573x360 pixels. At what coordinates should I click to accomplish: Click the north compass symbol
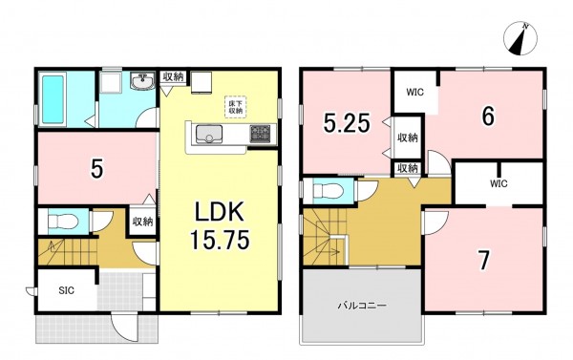click(x=520, y=39)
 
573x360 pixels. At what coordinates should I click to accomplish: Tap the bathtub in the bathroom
click(x=53, y=98)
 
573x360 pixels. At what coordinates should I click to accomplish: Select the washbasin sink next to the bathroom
click(x=143, y=81)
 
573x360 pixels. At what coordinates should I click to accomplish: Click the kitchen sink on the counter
click(x=209, y=134)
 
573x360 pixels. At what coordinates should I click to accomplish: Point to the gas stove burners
click(x=260, y=134)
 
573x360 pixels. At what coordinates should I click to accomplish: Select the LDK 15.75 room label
click(x=220, y=225)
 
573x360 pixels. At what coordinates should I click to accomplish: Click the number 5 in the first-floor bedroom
click(x=96, y=169)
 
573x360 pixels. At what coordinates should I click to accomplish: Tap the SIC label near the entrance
click(x=67, y=290)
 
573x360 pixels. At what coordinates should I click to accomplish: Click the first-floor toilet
click(x=62, y=221)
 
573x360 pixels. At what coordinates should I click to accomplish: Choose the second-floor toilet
click(x=329, y=190)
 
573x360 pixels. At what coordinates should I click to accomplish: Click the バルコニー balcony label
click(x=361, y=306)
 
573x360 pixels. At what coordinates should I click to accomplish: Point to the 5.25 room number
click(x=347, y=123)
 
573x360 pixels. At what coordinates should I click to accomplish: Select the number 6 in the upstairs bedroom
click(x=488, y=116)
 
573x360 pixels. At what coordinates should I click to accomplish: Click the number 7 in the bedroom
click(x=484, y=261)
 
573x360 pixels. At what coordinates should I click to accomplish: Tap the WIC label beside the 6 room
click(x=415, y=92)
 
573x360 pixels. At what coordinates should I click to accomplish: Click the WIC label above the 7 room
click(x=499, y=183)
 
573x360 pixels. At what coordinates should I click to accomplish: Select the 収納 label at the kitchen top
click(x=173, y=77)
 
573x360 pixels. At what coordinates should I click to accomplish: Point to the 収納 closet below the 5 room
click(x=143, y=222)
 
